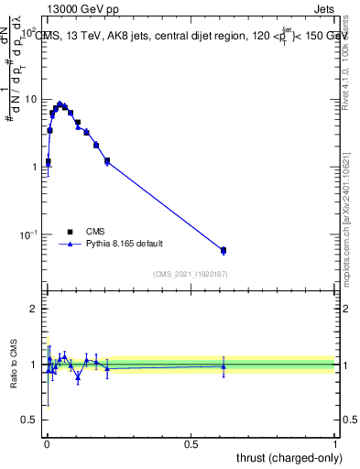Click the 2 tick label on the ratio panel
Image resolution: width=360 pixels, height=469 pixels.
click(35, 309)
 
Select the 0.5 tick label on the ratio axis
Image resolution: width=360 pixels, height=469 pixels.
click(31, 420)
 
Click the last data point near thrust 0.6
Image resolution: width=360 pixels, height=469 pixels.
click(224, 250)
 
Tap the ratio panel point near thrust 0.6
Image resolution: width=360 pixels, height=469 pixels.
click(224, 366)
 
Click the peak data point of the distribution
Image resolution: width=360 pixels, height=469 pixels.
click(60, 104)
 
